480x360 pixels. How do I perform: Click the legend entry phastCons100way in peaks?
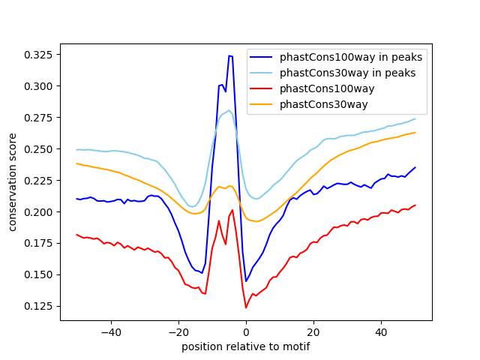point(351,57)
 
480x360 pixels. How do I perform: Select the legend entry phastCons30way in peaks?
point(348,73)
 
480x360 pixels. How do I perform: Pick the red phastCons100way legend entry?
point(327,88)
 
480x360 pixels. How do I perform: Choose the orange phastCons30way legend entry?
point(324,104)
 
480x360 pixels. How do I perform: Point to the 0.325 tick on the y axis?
point(37,55)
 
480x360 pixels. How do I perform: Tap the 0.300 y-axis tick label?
point(37,86)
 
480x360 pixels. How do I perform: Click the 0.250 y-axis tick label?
point(37,149)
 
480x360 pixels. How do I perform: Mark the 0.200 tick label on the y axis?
point(37,212)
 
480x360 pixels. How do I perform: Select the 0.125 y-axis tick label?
point(37,306)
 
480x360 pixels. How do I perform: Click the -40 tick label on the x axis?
point(110,332)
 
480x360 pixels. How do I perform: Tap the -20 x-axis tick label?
point(178,332)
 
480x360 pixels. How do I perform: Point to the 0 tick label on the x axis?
point(246,332)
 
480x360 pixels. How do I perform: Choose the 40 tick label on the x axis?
point(381,332)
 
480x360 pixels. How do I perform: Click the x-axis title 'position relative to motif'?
point(246,346)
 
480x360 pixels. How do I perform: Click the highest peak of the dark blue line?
point(229,55)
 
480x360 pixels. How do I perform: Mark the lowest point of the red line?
point(246,307)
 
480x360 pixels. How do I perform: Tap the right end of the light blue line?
point(415,118)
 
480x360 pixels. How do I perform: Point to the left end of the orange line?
point(76,163)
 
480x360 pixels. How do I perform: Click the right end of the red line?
point(415,205)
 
